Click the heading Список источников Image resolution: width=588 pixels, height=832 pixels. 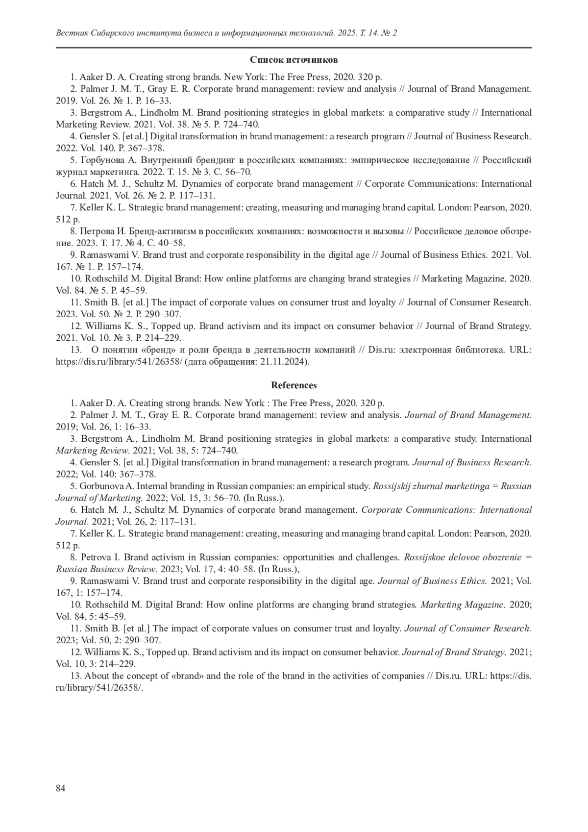(294, 60)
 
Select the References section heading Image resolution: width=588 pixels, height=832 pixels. (294, 385)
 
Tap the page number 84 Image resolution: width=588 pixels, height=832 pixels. (61, 788)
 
